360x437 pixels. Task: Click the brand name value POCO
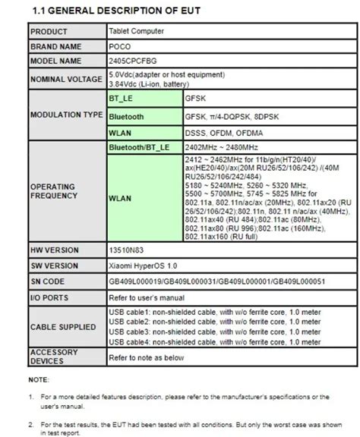pos(120,46)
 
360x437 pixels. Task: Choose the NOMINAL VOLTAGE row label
pos(65,79)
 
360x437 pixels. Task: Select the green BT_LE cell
pos(122,99)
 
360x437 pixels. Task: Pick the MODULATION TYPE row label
pos(66,115)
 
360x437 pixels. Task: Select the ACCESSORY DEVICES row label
pos(53,357)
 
